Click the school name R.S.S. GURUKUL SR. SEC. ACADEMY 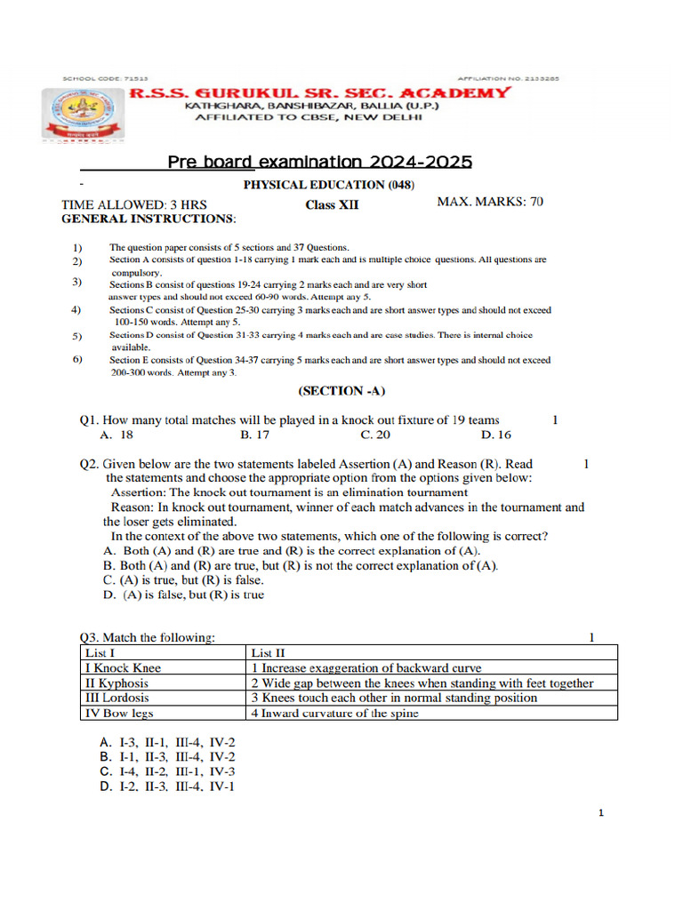click(x=320, y=92)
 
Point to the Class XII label click(x=332, y=204)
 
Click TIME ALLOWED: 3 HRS click(x=133, y=204)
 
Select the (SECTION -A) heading click(x=341, y=390)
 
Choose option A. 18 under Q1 click(x=117, y=435)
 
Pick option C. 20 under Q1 click(x=374, y=435)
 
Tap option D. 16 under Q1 click(x=495, y=435)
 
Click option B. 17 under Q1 click(x=254, y=435)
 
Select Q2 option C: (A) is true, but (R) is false click(x=183, y=579)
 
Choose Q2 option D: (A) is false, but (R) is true click(x=183, y=595)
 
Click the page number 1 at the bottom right click(x=601, y=813)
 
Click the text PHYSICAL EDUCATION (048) click(x=328, y=185)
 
